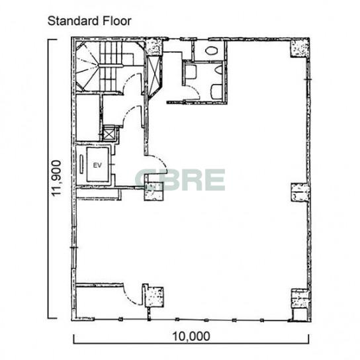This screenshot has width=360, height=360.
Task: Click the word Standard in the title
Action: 73,21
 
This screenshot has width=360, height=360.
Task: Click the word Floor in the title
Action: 116,21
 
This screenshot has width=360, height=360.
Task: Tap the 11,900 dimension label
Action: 56,178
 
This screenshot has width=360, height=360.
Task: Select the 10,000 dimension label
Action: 191,336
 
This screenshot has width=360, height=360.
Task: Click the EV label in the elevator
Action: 97,165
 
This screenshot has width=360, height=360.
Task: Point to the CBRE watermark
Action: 180,180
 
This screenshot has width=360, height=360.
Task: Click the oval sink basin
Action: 211,50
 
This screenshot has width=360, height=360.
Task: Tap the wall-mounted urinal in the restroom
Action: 219,69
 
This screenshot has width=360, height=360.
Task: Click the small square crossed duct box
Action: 109,134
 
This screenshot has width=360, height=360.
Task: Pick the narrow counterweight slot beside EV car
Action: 81,164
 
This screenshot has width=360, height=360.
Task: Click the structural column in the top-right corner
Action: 299,48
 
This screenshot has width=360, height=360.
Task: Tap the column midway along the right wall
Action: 300,193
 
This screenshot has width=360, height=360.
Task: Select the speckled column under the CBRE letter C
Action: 154,191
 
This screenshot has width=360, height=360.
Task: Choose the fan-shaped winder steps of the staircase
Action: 87,66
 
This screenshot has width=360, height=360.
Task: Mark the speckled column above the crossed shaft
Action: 154,48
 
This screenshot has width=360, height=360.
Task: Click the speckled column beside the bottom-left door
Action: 154,296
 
